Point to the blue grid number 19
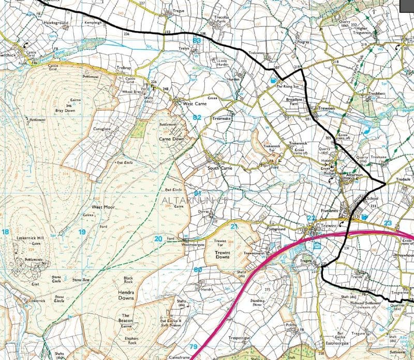(82, 232)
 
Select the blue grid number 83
(197, 40)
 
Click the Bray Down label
(65, 110)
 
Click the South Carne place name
(220, 168)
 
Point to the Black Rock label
(128, 280)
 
